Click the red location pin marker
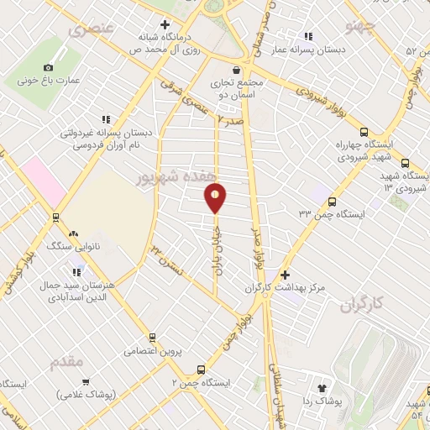[x=216, y=197]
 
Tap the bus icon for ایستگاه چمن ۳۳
[x=333, y=202]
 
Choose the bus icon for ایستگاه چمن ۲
[x=201, y=369]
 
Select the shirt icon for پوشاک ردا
[x=321, y=387]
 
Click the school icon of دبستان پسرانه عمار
[x=308, y=36]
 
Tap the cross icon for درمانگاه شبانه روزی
[x=165, y=24]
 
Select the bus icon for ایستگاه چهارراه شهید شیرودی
[x=364, y=132]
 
